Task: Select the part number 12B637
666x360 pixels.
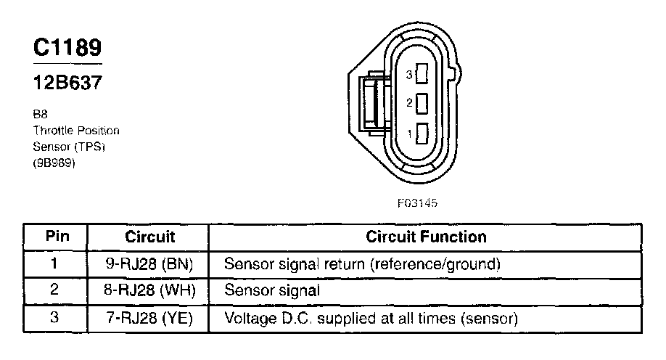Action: pos(67,82)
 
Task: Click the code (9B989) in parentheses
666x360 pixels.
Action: pos(54,163)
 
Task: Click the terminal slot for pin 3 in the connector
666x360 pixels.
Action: pos(422,74)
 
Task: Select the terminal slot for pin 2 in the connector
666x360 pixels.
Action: pos(422,103)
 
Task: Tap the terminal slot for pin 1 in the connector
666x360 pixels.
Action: pos(422,134)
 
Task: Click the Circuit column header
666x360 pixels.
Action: pos(150,237)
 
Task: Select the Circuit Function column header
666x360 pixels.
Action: pos(426,237)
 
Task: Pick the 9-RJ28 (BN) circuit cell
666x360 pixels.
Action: pos(150,263)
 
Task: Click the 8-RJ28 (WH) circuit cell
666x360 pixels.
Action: pos(150,291)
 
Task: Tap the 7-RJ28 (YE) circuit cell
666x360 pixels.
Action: pos(150,319)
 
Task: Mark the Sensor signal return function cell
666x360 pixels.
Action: pos(362,263)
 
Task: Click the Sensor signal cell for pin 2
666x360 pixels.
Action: pos(272,291)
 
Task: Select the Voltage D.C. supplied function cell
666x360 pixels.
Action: pos(371,319)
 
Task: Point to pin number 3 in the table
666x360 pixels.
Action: pos(55,319)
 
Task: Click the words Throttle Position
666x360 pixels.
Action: pos(76,131)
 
